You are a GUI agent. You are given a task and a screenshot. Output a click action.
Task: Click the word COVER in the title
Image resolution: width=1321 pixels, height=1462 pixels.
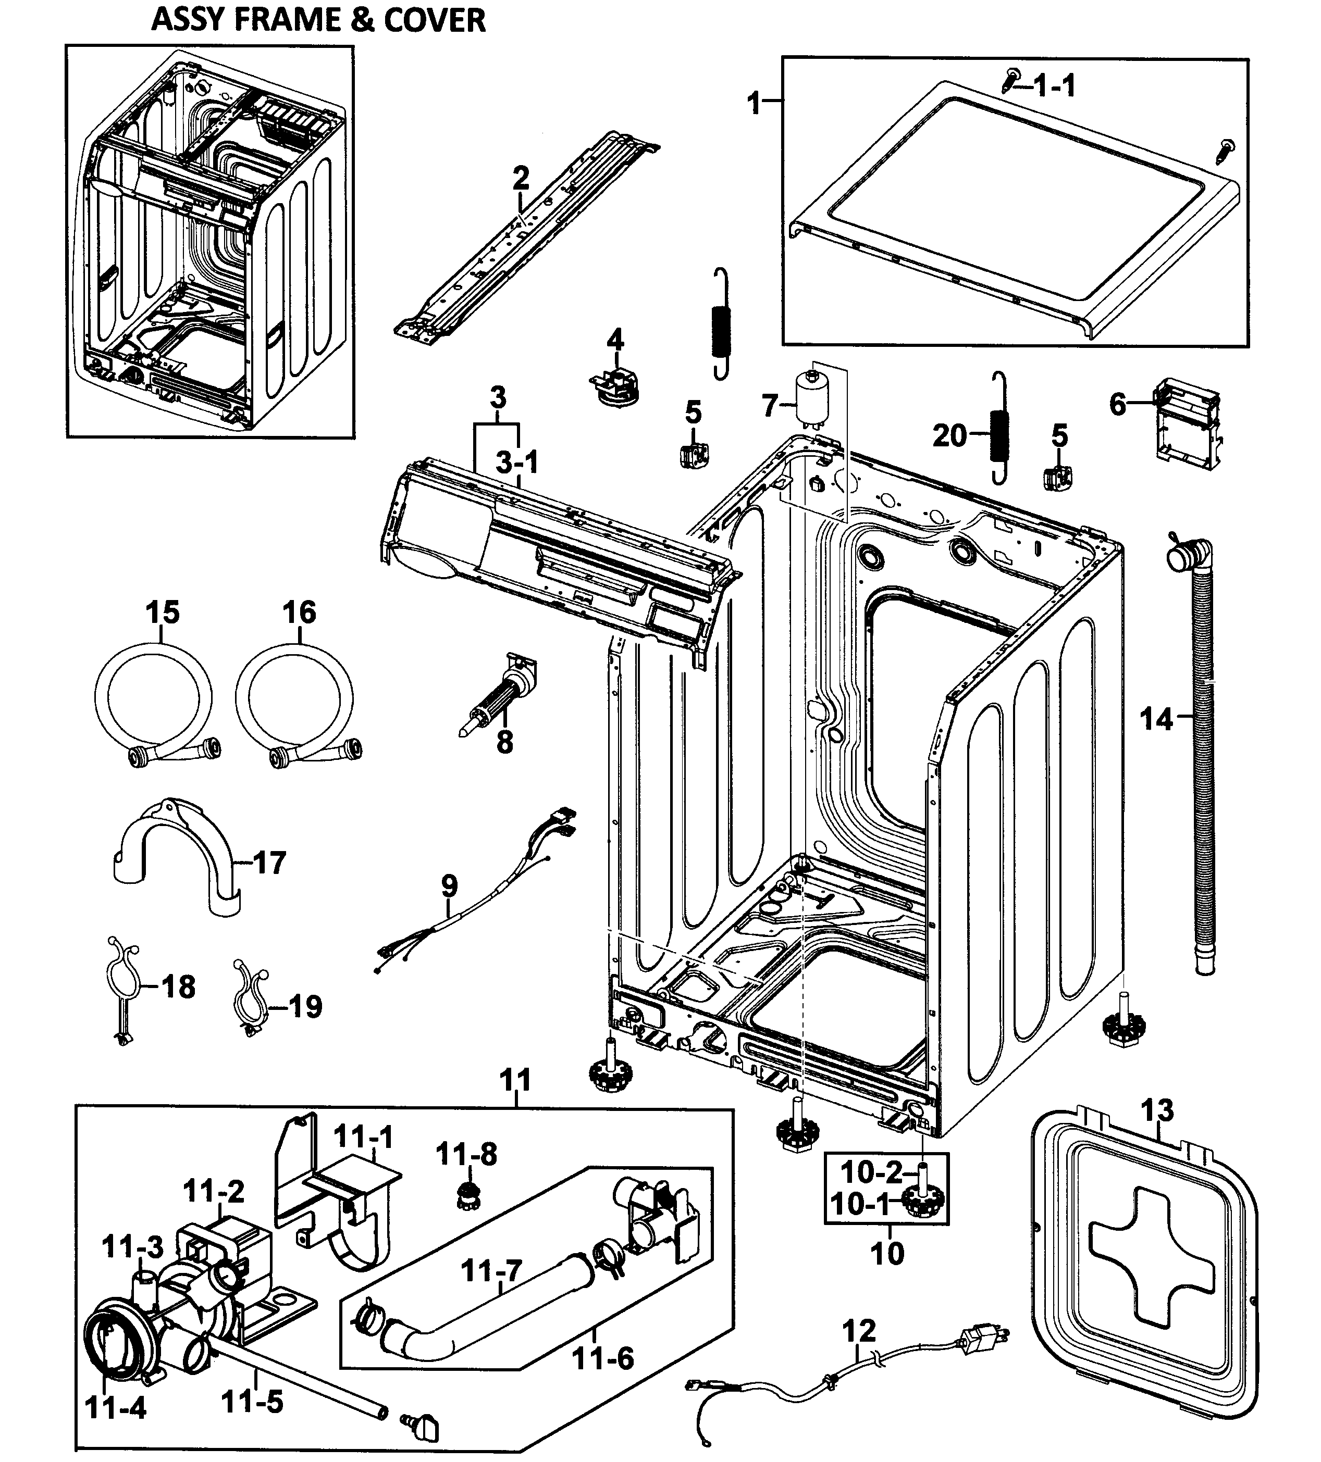[x=433, y=20]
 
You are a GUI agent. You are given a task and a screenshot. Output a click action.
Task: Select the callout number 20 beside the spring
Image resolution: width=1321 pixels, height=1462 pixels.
[x=949, y=436]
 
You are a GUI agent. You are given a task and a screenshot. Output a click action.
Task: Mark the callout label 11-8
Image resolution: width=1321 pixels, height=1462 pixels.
[x=466, y=1154]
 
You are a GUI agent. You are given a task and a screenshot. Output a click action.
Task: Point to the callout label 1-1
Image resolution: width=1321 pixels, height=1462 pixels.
[x=1054, y=86]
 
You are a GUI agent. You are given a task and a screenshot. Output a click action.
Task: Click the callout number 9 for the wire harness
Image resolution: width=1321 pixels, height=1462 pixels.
[x=449, y=885]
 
